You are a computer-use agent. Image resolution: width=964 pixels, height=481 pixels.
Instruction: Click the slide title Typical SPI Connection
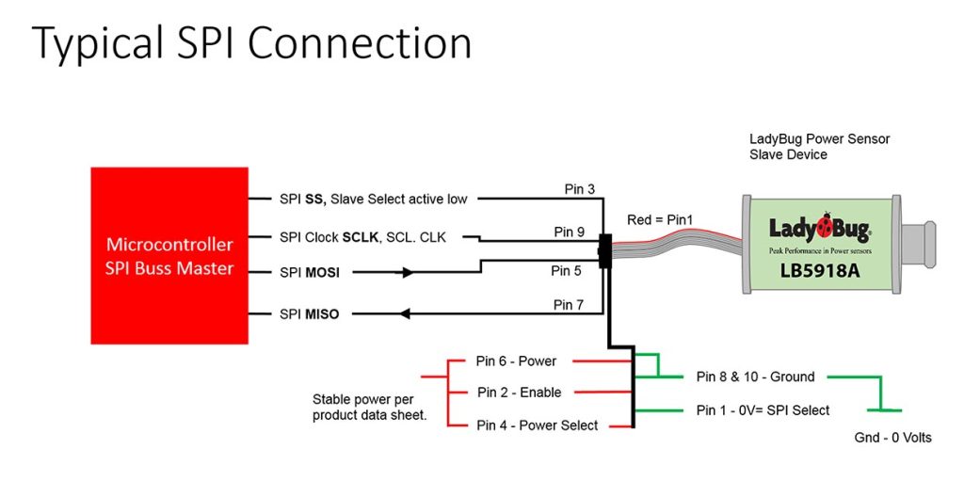click(x=251, y=44)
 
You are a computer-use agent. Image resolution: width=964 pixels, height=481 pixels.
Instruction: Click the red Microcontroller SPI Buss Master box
click(x=169, y=255)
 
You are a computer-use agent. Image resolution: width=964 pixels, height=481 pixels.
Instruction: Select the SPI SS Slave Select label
click(x=373, y=199)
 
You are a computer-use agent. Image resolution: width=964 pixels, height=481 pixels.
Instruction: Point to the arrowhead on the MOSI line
click(x=408, y=273)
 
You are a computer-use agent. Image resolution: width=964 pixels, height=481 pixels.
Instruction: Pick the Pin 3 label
click(x=580, y=189)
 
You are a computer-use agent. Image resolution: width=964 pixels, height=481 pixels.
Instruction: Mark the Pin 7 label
click(x=570, y=304)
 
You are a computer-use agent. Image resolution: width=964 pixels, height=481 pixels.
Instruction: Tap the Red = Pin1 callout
click(x=660, y=220)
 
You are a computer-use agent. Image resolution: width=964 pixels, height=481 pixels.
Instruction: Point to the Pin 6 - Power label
click(x=517, y=361)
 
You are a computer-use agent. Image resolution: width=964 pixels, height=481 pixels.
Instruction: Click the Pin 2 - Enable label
click(x=519, y=393)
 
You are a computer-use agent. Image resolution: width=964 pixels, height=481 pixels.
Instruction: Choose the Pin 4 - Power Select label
click(x=537, y=425)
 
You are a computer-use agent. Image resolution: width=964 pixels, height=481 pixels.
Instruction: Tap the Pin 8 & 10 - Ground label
click(x=755, y=377)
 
